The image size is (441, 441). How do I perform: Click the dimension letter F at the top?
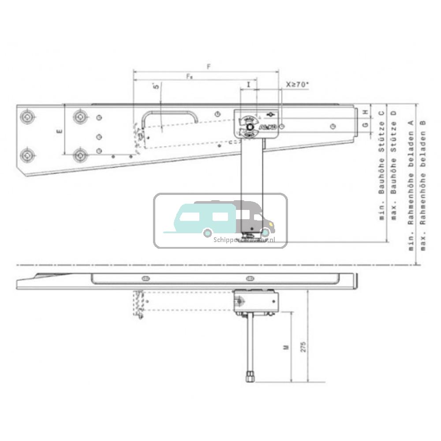pos(209,67)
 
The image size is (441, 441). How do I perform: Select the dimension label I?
pos(249,83)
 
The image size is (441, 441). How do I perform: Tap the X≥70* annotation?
pos(296,84)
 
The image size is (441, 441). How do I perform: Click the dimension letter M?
pos(286,347)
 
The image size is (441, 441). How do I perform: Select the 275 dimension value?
pos(303,347)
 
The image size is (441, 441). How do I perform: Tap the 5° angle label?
pos(156,86)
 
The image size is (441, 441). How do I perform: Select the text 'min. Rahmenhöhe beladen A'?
pos(411,185)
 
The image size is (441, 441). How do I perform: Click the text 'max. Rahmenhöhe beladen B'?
pos(423,185)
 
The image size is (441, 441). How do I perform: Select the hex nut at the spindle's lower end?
pos(249,377)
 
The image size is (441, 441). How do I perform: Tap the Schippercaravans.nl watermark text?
pos(244,240)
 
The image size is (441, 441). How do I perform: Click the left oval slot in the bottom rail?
pos(145,278)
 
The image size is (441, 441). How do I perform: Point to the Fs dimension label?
pos(189,76)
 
